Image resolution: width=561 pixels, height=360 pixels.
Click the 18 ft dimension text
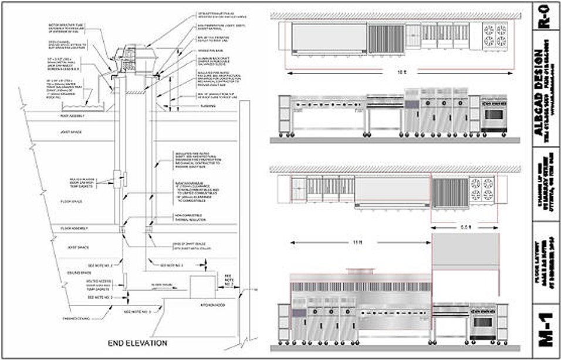(x=400, y=72)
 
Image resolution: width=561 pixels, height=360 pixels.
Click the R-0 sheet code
(x=545, y=16)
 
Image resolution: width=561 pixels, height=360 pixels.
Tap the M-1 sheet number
(x=545, y=334)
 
